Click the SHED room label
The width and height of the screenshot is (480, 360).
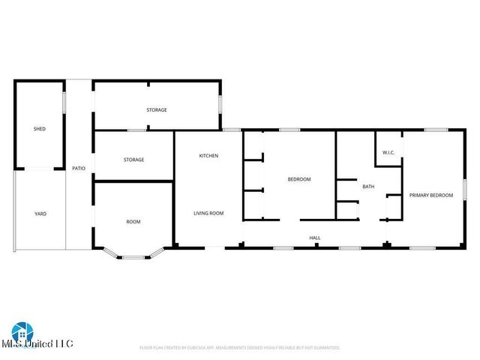pos(40,129)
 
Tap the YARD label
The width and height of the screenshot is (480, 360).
pos(40,214)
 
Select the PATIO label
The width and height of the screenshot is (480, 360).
pos(78,168)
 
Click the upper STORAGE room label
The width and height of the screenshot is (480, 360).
pos(156,110)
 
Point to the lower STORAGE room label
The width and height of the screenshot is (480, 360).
pos(133,160)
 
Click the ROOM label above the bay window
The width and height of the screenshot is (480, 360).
pos(133,221)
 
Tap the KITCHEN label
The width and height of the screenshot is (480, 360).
pos(208,155)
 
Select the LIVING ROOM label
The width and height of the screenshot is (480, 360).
pos(208,213)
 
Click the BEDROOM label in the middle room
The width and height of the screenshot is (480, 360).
pos(299,179)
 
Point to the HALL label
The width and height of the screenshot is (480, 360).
pos(315,238)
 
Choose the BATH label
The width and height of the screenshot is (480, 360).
pos(368,187)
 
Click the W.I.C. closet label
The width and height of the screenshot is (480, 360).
pos(388,153)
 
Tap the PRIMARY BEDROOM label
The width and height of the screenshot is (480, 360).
pos(430,195)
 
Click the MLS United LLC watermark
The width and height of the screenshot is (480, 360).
pos(42,343)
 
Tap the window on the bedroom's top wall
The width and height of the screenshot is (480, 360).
pos(289,130)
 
